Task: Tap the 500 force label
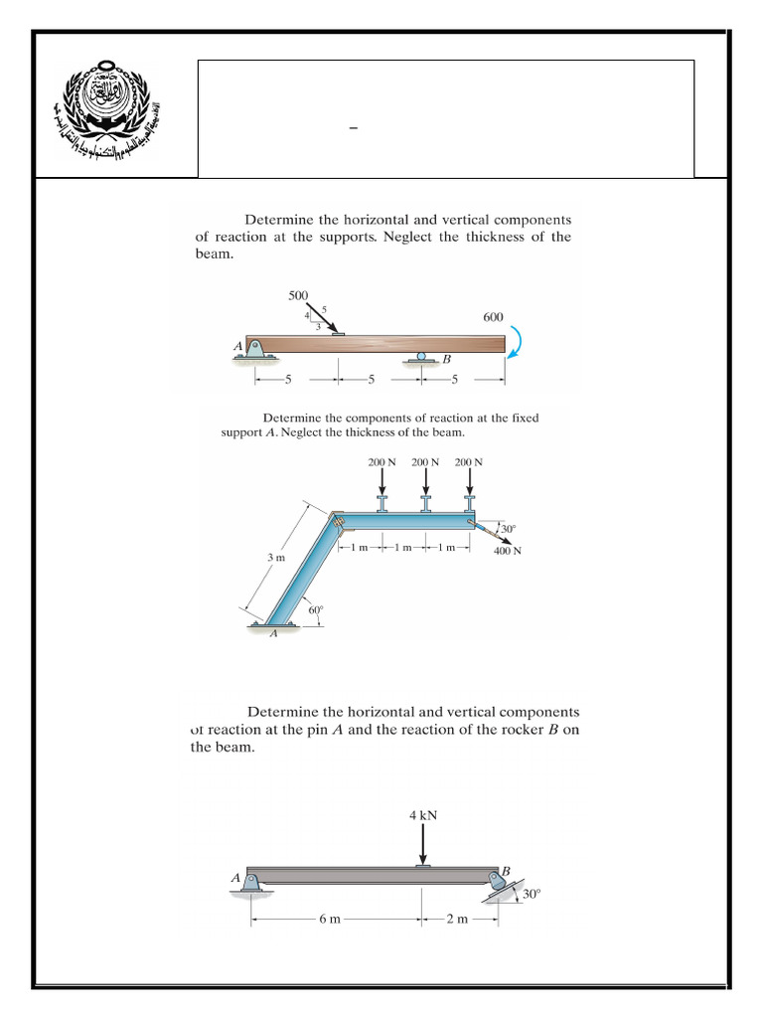pos(298,295)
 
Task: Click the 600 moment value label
pos(493,317)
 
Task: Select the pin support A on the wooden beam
pos(255,350)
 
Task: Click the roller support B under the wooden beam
pos(422,357)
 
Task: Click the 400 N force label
pos(507,550)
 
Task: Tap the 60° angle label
pos(316,609)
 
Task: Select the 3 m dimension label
pos(276,558)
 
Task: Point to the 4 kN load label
pos(423,814)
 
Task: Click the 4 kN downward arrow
pos(423,845)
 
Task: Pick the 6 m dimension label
pos(330,920)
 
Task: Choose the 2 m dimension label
pos(457,920)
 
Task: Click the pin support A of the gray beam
pos(253,883)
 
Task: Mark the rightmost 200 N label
pos(468,462)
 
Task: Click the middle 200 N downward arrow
pos(426,482)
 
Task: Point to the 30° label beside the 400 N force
pos(509,529)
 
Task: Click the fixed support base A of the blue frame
pos(275,625)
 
